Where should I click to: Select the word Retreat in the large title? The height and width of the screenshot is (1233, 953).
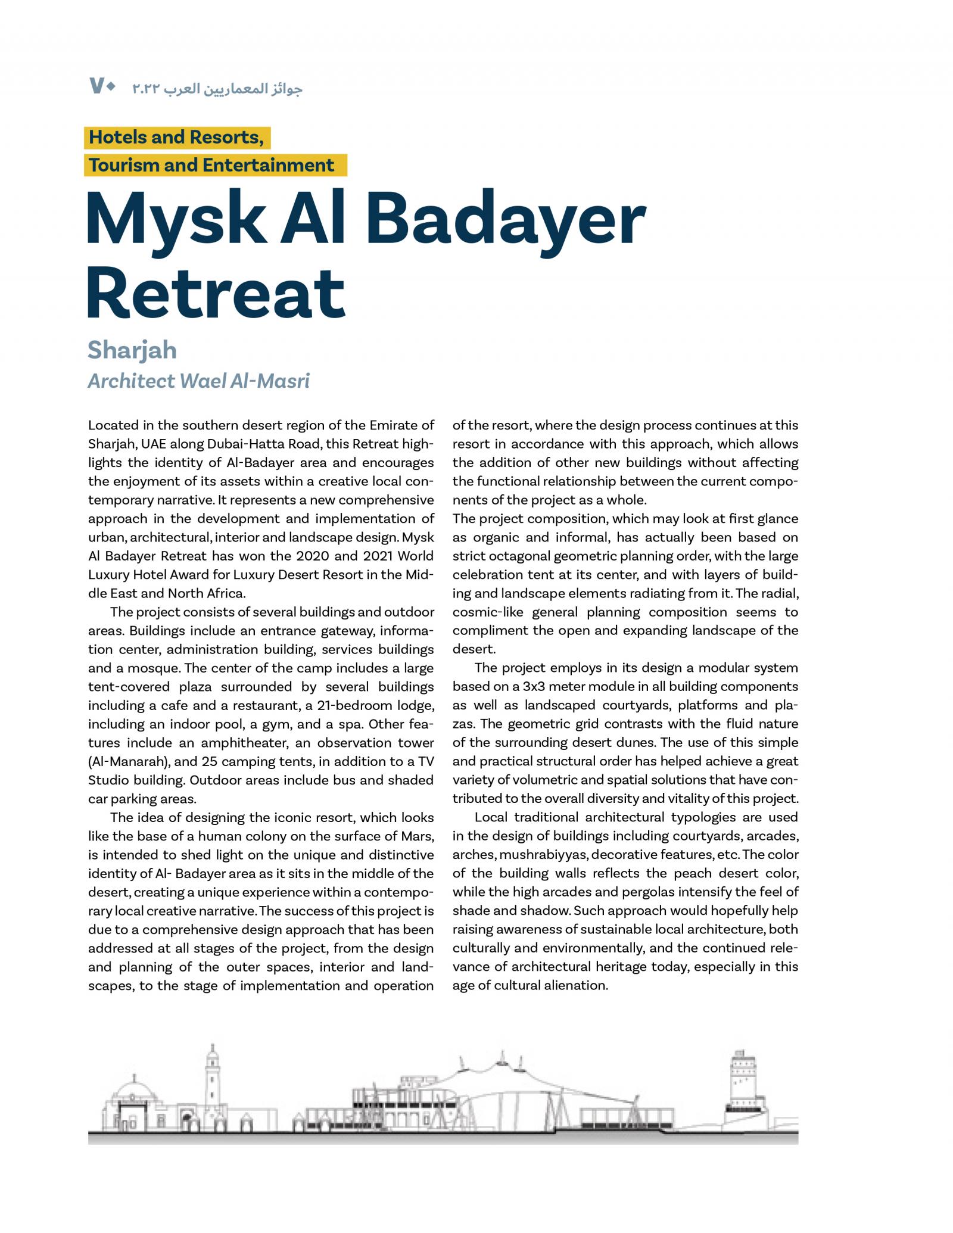(x=216, y=294)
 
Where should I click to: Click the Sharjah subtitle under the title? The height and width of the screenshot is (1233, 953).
(x=132, y=350)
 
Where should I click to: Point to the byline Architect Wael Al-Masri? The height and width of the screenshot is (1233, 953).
(x=198, y=381)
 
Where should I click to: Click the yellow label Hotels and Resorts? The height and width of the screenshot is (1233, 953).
(x=176, y=138)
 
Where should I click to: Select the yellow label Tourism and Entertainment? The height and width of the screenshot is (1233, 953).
(x=211, y=165)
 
